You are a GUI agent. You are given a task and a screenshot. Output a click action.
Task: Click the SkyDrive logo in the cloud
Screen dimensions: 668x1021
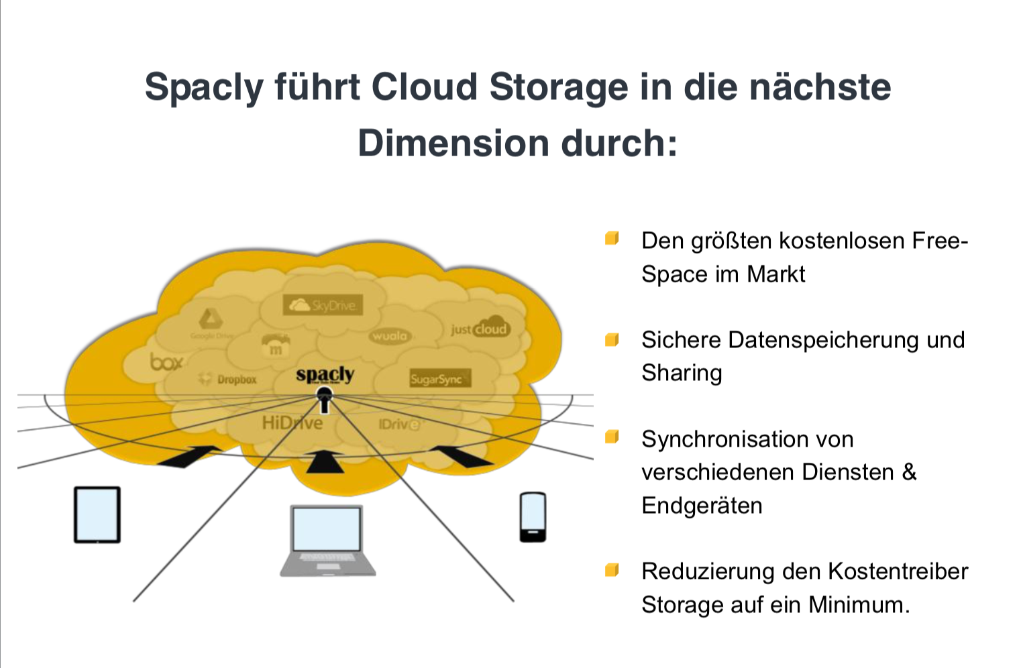[323, 305]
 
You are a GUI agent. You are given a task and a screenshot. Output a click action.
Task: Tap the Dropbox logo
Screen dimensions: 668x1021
[228, 380]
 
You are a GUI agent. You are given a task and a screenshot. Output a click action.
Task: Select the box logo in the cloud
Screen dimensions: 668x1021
[166, 362]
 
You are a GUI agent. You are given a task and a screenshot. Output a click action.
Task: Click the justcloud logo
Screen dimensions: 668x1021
[480, 329]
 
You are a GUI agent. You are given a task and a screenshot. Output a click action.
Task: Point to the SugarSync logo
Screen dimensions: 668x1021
[440, 379]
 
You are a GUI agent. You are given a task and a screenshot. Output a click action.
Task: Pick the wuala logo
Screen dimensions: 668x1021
[389, 335]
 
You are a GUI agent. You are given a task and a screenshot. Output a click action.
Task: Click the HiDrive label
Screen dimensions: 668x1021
[292, 423]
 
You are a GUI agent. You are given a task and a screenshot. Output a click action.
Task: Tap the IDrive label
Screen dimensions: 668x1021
[398, 425]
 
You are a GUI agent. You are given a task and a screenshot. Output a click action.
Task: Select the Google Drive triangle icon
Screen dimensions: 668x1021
[210, 319]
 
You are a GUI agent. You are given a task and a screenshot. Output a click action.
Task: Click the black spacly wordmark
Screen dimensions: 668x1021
[325, 374]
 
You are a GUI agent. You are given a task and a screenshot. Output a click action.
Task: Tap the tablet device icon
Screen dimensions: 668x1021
[97, 514]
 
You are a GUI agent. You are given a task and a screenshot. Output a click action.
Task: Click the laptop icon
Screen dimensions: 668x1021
[327, 541]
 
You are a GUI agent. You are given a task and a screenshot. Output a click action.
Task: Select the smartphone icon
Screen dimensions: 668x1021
[533, 516]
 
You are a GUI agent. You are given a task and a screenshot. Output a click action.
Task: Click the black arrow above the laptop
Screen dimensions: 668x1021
[325, 463]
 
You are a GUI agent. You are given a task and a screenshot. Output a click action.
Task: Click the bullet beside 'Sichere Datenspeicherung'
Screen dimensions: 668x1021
[612, 340]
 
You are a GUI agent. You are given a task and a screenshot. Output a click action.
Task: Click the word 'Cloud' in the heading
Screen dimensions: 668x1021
[424, 87]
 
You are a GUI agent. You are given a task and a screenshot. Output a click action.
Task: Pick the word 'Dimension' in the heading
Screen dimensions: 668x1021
[453, 144]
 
